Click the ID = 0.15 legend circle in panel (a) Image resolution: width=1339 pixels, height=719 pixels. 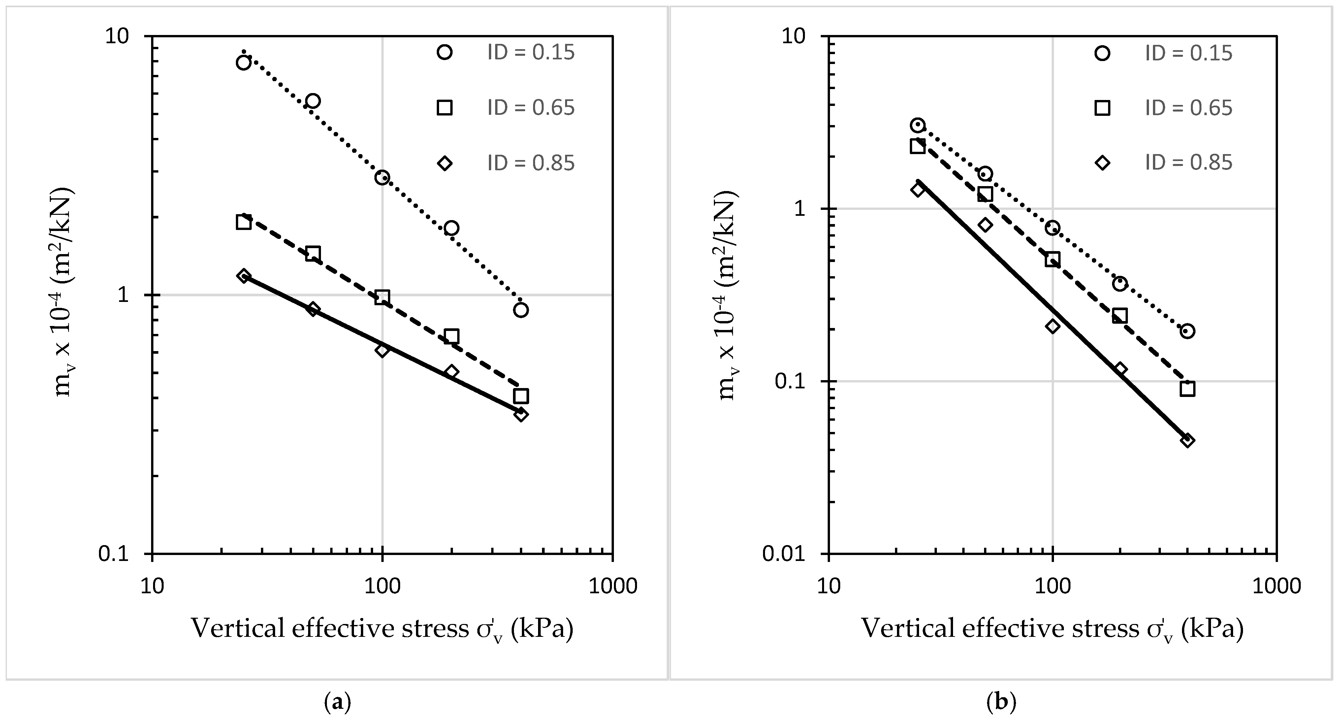point(445,52)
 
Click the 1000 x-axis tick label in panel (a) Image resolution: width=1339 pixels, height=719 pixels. point(612,586)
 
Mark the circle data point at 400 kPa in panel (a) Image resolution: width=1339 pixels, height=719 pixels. point(521,310)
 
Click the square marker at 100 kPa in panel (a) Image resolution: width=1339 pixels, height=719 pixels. point(382,297)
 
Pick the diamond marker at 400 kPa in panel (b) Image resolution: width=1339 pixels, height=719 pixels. point(1187,440)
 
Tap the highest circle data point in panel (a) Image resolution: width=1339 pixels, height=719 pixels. point(243,62)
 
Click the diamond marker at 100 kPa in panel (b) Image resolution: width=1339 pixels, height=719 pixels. point(1053,326)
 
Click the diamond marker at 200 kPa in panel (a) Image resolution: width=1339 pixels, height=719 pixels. point(451,372)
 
